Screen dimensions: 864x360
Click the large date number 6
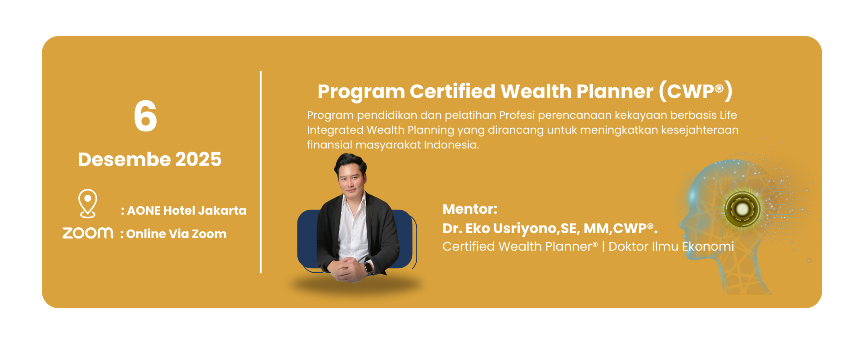tap(145, 116)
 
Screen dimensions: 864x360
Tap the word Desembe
tap(124, 159)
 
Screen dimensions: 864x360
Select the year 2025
tap(198, 159)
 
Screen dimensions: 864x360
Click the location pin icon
tap(88, 203)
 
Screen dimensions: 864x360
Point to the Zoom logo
tap(88, 233)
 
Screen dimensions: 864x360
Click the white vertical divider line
tap(261, 172)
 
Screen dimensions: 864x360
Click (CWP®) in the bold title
tap(696, 91)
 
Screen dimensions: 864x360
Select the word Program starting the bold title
tap(361, 92)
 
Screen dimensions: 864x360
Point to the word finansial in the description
tap(330, 145)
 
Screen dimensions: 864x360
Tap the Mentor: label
tap(470, 209)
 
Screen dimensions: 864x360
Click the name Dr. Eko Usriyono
tap(499, 229)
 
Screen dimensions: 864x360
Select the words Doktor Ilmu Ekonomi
tap(671, 247)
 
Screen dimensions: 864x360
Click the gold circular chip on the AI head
tap(742, 209)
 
